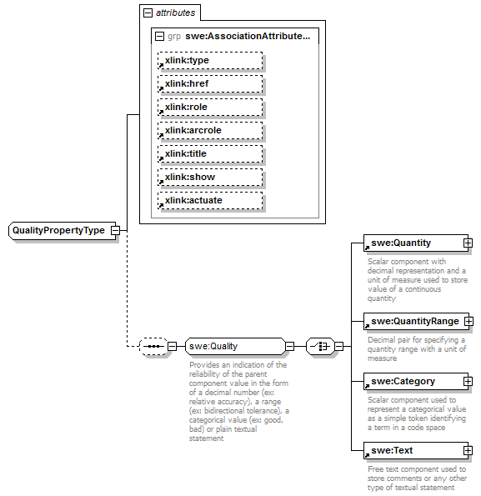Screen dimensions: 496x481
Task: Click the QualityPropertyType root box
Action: point(59,230)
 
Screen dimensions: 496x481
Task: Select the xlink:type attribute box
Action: point(209,61)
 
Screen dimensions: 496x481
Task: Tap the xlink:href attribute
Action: point(209,84)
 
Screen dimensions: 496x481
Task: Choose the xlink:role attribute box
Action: point(209,108)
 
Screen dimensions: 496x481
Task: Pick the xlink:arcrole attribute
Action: point(209,131)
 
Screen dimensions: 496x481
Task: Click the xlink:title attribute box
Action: point(209,154)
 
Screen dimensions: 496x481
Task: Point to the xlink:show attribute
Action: point(209,178)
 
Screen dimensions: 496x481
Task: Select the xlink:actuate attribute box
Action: point(209,201)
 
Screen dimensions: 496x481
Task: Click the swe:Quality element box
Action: point(234,346)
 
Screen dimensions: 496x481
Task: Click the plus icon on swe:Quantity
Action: point(468,243)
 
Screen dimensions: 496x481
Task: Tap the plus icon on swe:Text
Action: point(468,451)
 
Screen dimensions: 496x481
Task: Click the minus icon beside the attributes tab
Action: point(148,13)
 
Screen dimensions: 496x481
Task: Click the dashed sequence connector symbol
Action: point(153,346)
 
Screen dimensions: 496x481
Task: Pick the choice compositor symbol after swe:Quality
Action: point(320,346)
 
